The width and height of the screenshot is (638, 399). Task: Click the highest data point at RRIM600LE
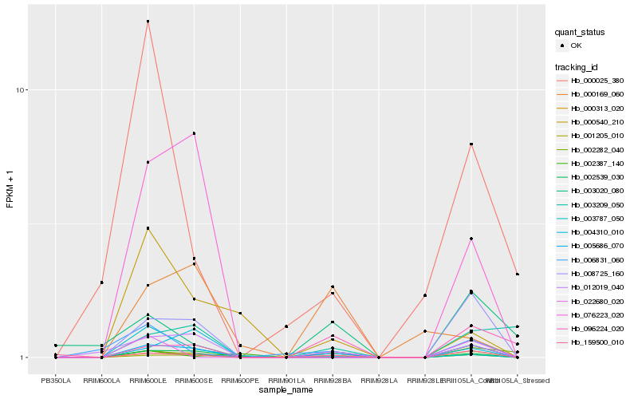pos(148,22)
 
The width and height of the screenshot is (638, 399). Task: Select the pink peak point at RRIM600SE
pos(194,133)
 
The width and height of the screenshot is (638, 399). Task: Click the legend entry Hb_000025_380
pos(597,81)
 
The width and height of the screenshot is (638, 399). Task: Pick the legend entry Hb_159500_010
pos(597,342)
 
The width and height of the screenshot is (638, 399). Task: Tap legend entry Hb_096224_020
pos(597,328)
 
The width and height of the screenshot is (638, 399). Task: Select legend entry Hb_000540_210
pos(597,121)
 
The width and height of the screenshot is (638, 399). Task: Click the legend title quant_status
pos(580,33)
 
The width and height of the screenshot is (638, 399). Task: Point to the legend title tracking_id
pos(578,66)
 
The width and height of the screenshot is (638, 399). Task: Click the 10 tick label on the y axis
pos(22,90)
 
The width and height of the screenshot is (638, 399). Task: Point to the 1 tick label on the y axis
pos(25,358)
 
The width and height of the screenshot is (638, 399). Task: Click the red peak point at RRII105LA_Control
pos(471,144)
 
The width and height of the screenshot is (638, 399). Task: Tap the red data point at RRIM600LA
pos(102,282)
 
